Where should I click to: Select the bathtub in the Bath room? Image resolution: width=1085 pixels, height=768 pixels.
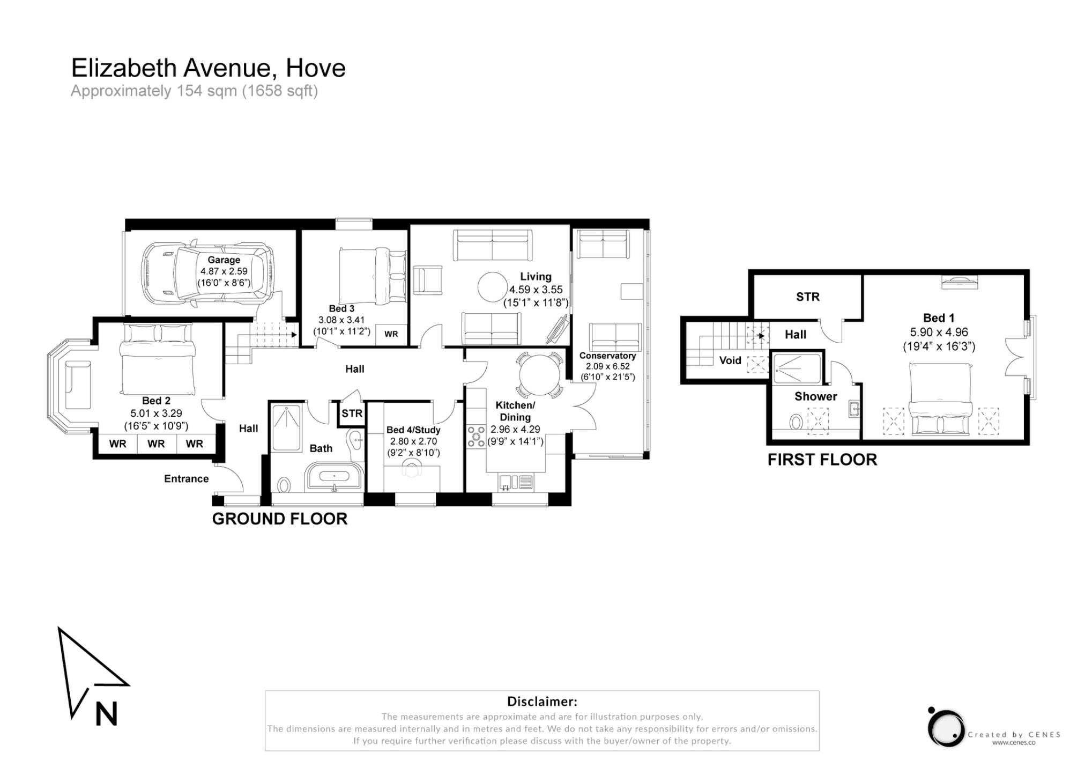click(334, 477)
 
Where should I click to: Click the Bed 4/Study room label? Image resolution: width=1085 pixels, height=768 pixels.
click(413, 430)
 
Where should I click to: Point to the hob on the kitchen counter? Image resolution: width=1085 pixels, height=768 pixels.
click(475, 435)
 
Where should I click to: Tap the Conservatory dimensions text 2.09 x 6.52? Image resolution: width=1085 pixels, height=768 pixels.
click(607, 366)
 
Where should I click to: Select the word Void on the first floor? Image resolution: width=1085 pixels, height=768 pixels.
click(730, 360)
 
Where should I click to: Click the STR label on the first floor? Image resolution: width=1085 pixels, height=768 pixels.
click(807, 297)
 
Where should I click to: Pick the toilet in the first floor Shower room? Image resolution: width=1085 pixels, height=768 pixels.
click(796, 423)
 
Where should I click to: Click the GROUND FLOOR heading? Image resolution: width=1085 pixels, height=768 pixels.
click(279, 519)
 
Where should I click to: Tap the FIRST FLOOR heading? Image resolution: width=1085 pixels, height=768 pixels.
click(822, 460)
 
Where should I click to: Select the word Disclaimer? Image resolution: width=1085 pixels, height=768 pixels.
click(541, 701)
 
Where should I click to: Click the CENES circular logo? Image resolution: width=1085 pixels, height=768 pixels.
click(946, 728)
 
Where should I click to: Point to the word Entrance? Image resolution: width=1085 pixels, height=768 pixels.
click(186, 478)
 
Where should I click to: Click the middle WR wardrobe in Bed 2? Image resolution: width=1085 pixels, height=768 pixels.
click(156, 444)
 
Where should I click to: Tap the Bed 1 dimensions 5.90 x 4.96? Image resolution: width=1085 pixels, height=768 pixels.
click(939, 332)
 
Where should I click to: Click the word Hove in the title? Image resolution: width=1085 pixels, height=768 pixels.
click(315, 68)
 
